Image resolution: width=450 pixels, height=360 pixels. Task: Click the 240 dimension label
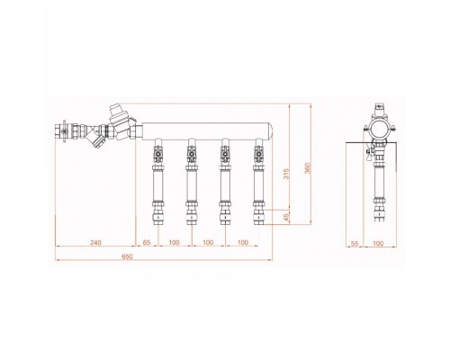pos(96,242)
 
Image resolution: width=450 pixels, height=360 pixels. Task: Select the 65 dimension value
pos(146,242)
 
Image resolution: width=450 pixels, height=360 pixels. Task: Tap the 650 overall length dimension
pos(127,256)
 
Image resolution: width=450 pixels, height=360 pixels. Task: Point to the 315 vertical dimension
pos(287,174)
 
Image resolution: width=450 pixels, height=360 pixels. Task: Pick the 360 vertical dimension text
pos(307,168)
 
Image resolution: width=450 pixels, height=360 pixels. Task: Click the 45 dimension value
pos(287,217)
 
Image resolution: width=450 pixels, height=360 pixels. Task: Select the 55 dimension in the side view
pos(355,244)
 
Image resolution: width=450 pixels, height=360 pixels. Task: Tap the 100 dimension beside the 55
pos(378,244)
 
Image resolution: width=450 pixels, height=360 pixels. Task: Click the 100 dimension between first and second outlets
pos(174,242)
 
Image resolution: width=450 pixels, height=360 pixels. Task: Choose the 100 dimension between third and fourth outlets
pos(242,242)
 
